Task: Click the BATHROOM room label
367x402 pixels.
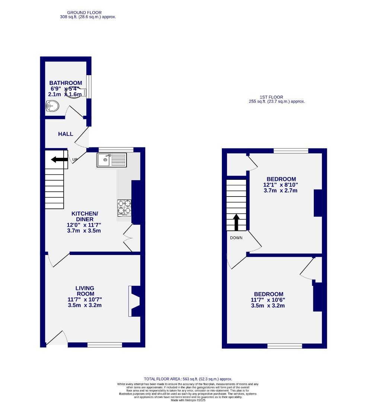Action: click(66, 83)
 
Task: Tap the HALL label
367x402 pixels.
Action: click(66, 134)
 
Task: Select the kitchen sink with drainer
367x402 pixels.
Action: click(112, 160)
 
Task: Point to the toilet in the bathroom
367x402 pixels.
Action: click(52, 107)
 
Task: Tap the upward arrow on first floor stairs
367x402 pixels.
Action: click(236, 222)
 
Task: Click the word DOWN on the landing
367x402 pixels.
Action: click(236, 238)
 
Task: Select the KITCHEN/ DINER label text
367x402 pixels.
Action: click(85, 216)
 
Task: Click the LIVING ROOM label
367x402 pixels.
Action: click(85, 291)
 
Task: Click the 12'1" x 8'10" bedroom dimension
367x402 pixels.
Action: click(281, 185)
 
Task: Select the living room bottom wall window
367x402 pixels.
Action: click(105, 345)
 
